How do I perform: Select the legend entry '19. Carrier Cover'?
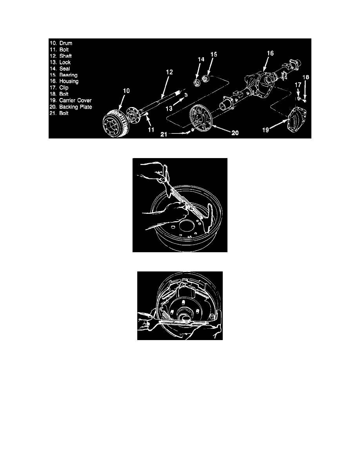click(x=71, y=100)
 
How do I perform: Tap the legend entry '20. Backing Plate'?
click(x=71, y=107)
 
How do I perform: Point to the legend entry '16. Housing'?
click(x=64, y=81)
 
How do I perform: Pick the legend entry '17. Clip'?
click(x=59, y=87)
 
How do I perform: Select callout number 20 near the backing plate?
click(x=235, y=133)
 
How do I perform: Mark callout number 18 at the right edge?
click(x=305, y=78)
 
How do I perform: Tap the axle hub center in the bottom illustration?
click(x=183, y=313)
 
